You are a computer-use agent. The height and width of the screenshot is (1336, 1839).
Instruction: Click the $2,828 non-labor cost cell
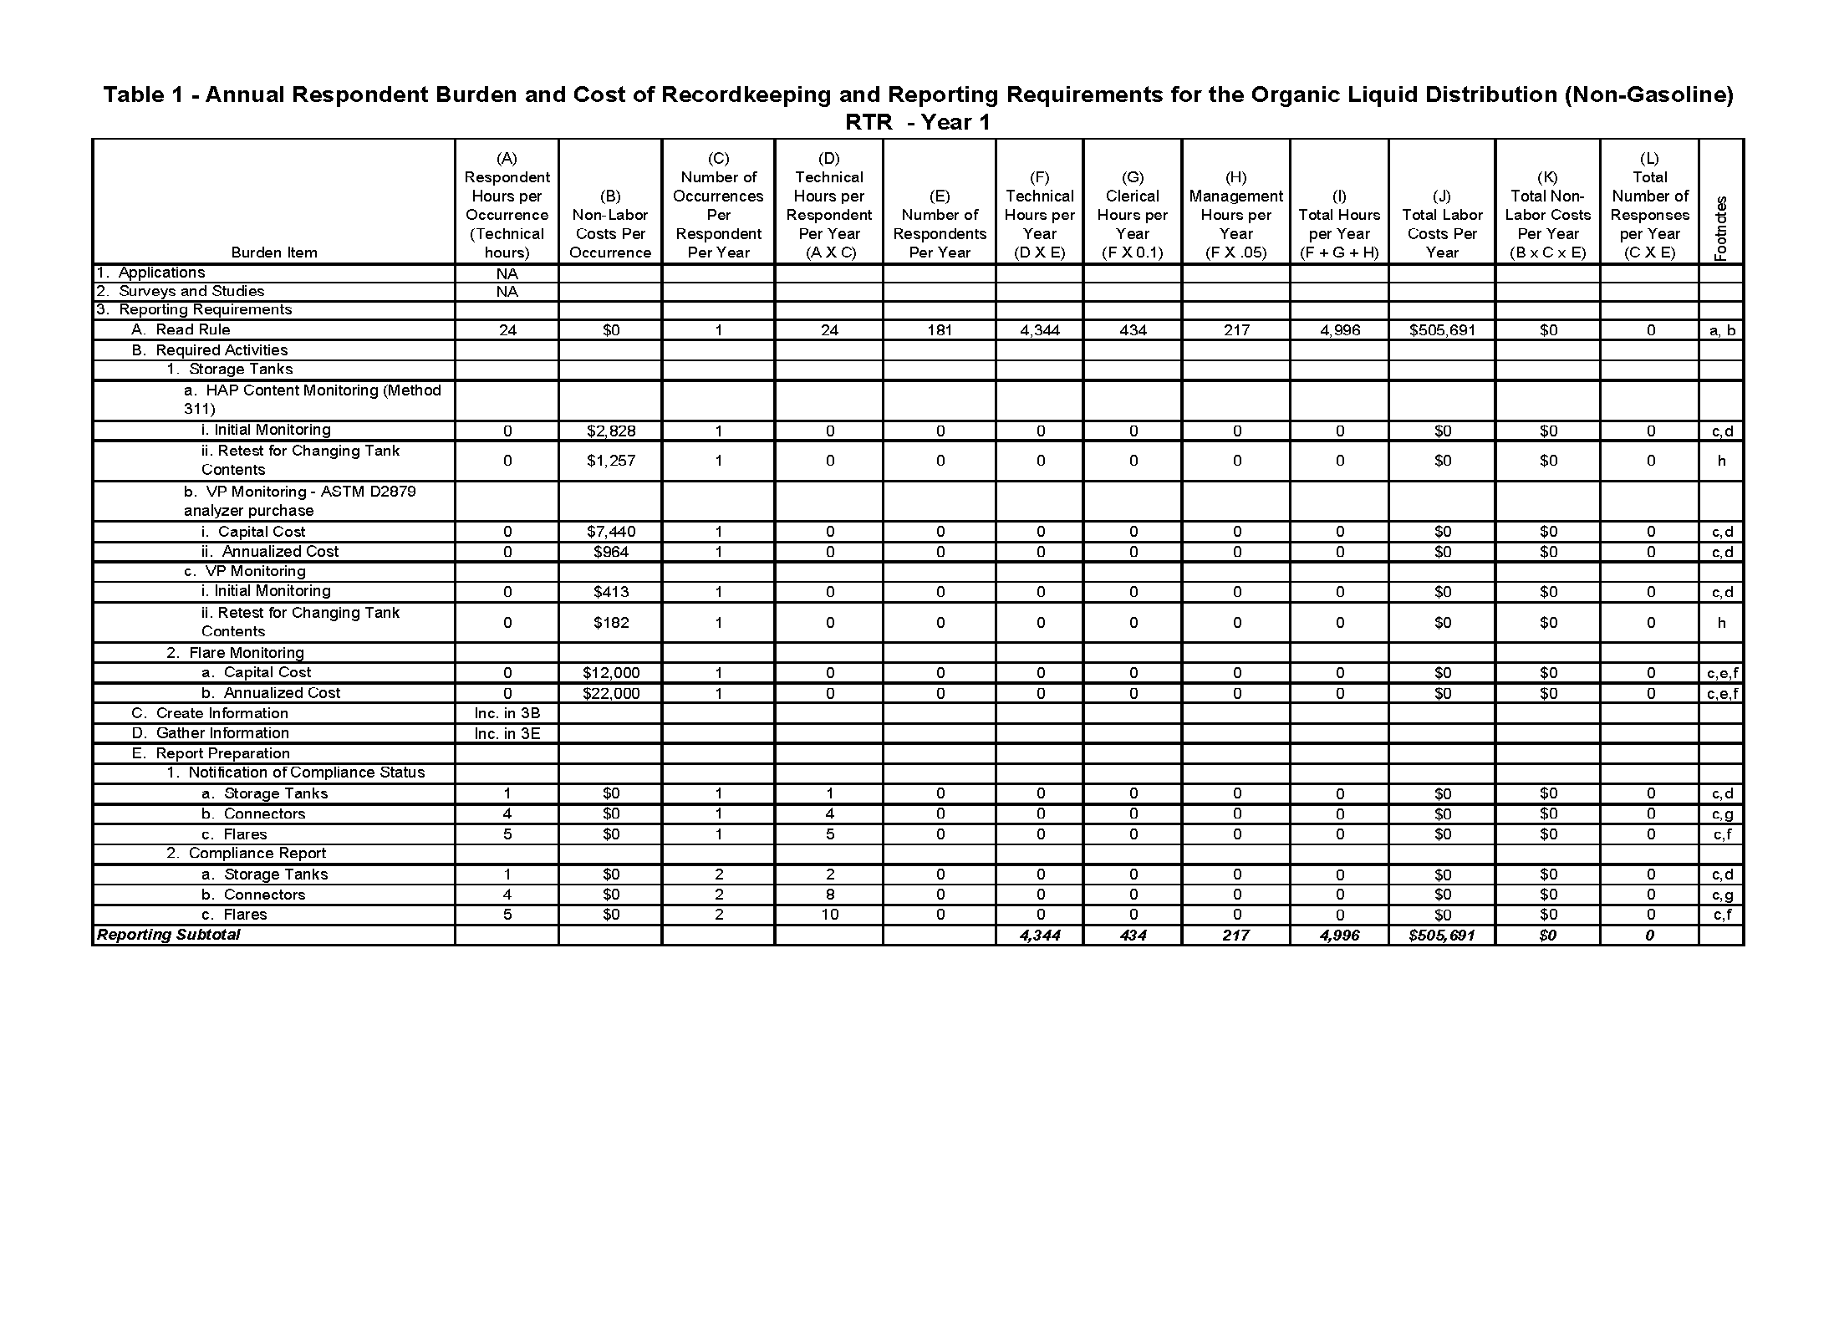[610, 431]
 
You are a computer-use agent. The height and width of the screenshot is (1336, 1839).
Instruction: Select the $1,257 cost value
[610, 461]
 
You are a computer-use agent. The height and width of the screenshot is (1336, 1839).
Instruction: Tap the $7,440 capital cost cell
[610, 532]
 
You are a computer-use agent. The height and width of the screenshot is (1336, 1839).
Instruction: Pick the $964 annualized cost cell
[610, 552]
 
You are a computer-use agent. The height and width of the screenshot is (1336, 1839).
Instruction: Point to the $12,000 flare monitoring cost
[610, 673]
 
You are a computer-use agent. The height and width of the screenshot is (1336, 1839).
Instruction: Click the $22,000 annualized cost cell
[610, 693]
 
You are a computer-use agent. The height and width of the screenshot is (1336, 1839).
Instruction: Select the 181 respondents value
[940, 330]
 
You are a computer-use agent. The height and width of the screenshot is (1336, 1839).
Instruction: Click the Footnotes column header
[1721, 228]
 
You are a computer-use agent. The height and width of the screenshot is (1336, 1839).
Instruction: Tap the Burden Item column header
[274, 252]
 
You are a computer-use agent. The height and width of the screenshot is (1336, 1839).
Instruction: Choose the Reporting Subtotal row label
[169, 935]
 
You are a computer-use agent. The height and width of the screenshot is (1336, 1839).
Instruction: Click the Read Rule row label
[192, 330]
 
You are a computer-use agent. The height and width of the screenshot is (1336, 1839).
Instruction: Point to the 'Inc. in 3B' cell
[507, 713]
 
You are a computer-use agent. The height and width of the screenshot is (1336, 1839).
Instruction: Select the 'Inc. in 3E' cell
[507, 734]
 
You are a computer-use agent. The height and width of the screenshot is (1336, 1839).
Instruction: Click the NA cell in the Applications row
[507, 274]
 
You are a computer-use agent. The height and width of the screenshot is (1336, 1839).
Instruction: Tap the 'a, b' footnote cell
[1721, 330]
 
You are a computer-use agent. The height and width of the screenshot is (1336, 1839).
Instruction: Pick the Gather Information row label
[222, 733]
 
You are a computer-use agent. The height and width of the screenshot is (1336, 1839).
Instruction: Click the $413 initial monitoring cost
[610, 592]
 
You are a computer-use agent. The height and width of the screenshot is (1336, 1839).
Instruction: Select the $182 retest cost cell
[610, 623]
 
